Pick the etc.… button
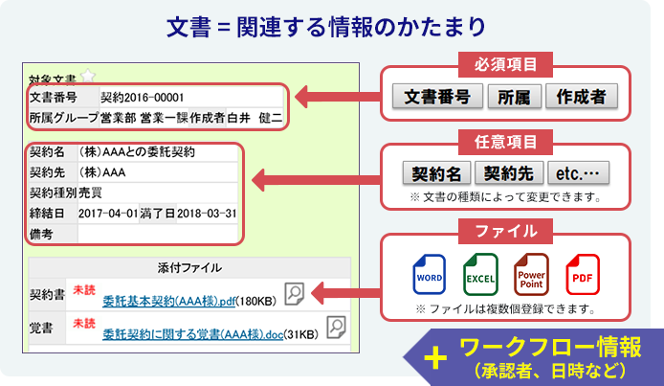pos(578,173)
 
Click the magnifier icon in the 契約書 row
pos(295,293)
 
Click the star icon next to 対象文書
pos(88,77)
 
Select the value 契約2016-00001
pos(142,98)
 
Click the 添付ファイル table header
pos(189,267)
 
